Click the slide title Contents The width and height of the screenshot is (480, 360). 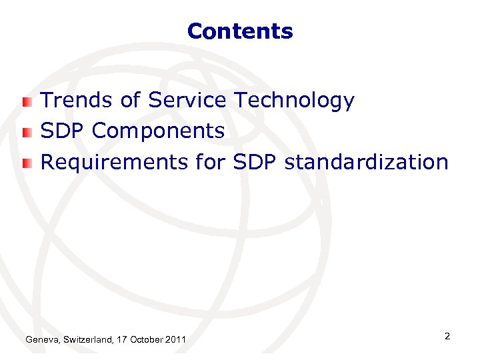pos(240,31)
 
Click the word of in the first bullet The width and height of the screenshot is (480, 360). pos(131,101)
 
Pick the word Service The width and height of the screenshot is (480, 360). pos(187,101)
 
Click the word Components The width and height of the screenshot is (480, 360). pos(159,132)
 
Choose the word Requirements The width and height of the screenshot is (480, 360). pos(114,162)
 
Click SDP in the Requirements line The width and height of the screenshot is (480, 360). pos(256,161)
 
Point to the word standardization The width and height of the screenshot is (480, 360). pos(366,161)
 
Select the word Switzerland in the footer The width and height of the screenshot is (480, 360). pos(89,341)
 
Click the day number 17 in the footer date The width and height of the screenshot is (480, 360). pos(121,341)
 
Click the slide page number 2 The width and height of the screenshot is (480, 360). pos(447,337)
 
